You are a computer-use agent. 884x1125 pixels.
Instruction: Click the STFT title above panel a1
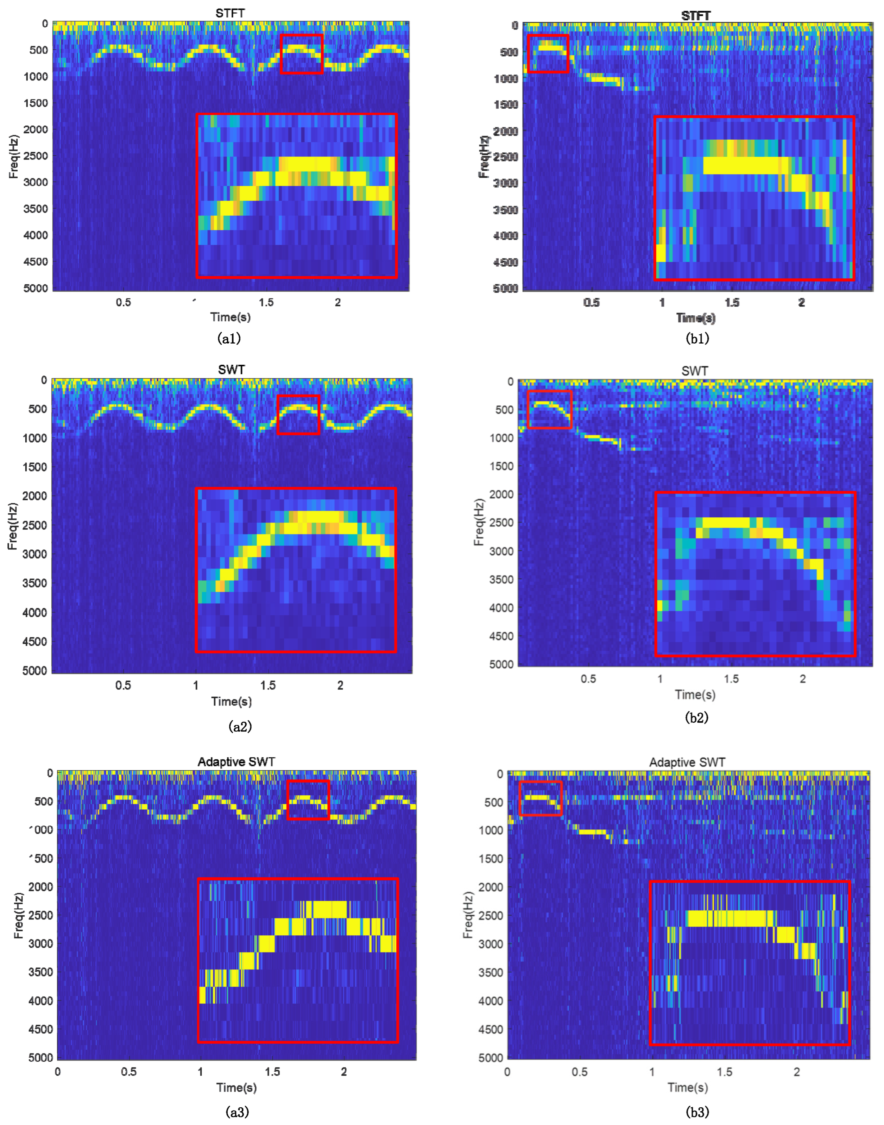[x=230, y=13]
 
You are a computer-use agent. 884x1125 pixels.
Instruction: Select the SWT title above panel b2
[x=694, y=371]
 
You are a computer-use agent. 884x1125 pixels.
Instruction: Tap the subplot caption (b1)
[x=697, y=339]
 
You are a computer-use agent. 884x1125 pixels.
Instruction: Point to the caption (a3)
[x=237, y=1112]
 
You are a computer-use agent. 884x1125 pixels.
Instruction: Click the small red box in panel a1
[x=302, y=54]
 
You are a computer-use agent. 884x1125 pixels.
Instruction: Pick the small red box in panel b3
[x=540, y=798]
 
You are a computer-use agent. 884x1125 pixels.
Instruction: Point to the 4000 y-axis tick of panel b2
[x=501, y=608]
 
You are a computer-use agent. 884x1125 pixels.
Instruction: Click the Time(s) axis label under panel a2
[x=231, y=702]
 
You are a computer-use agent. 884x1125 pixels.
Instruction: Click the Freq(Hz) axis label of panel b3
[x=468, y=915]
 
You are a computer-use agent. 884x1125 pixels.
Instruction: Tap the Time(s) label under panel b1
[x=696, y=318]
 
